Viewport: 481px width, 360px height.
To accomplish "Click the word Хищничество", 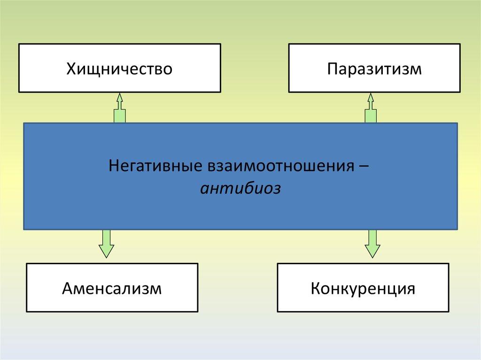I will click(119, 69).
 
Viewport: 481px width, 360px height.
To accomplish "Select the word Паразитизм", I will click(374, 69).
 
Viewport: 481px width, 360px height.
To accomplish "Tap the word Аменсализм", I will click(112, 288).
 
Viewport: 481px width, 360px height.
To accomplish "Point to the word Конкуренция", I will click(362, 288).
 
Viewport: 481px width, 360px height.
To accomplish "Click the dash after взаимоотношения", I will click(364, 167).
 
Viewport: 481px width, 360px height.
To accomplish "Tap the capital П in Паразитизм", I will click(332, 69).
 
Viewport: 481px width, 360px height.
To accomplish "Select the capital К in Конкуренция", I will click(314, 288).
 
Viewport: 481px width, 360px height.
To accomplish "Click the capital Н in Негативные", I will click(113, 167).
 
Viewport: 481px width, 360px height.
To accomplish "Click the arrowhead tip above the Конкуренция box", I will click(372, 257).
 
